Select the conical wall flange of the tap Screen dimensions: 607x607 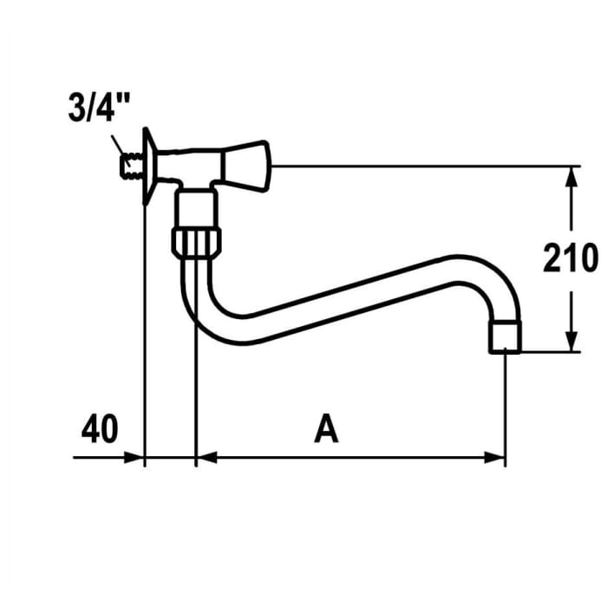pos(149,168)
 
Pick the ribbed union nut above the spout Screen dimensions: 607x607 pos(199,241)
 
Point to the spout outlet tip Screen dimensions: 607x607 pos(506,337)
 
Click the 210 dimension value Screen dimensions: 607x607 pos(570,259)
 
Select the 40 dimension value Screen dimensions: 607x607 pos(101,429)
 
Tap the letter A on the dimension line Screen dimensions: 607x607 pos(326,429)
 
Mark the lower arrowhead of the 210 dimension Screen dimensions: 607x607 pos(571,342)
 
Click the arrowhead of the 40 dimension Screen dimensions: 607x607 pos(134,457)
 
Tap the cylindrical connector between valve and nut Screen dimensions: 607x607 pos(198,209)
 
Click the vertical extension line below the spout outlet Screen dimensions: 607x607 pos(505,408)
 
